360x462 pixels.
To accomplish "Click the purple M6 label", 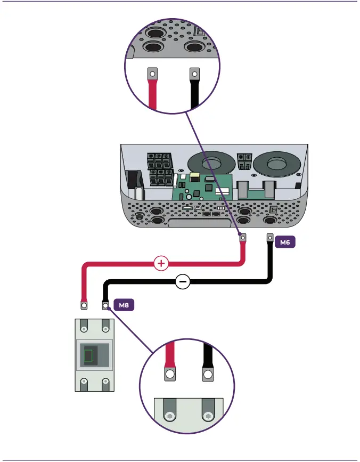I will (x=285, y=242).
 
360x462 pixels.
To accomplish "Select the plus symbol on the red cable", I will (x=161, y=263).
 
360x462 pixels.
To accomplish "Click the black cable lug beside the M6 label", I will (x=270, y=239).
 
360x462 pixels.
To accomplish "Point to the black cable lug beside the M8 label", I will (x=105, y=305).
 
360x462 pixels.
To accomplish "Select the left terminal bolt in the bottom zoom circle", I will (x=169, y=417).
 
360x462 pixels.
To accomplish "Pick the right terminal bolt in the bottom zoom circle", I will (x=207, y=417).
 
